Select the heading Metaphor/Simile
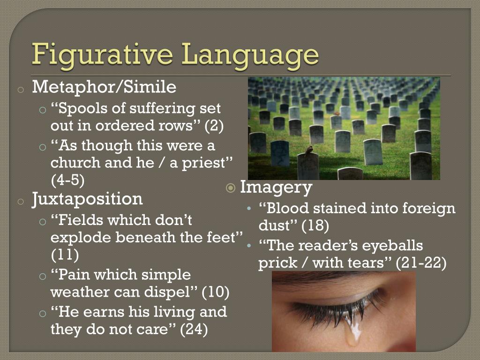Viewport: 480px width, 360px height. pos(104,87)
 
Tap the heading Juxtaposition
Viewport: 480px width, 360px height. pos(87,199)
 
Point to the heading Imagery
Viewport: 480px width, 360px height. pos(276,187)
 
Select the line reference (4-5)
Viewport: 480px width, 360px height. pos(67,180)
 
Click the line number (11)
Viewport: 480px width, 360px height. pos(64,255)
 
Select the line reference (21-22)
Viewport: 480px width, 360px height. pos(421,263)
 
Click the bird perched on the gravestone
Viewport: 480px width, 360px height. pos(308,150)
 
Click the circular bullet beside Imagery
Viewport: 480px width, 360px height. pos(231,188)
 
